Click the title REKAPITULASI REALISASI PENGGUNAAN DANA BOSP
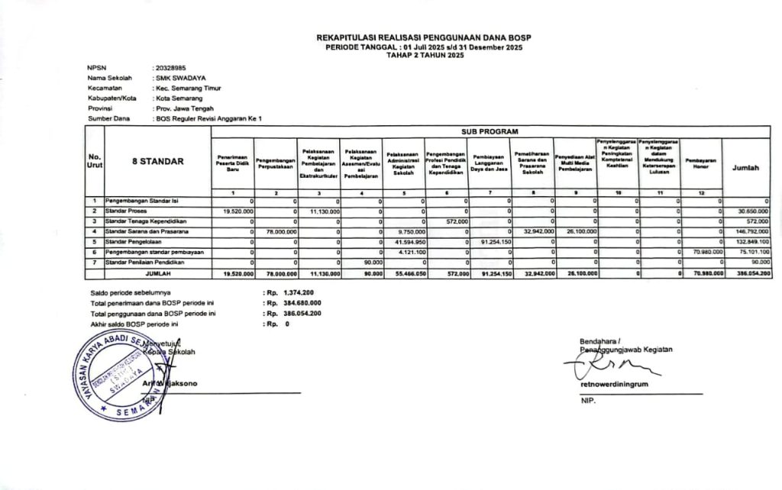423,37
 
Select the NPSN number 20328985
170,68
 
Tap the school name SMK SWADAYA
179,78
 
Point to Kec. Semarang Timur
188,88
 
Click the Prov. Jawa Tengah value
184,108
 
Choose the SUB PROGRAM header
490,131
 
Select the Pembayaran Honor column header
700,163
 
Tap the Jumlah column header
746,167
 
